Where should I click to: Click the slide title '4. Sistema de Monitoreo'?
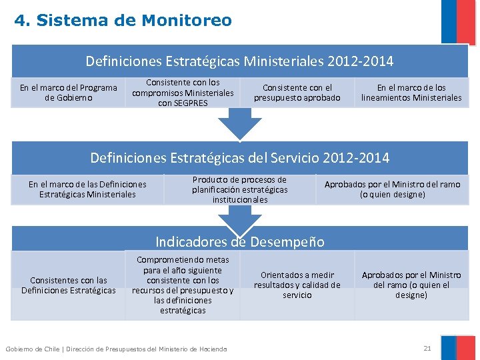pyautogui.click(x=123, y=21)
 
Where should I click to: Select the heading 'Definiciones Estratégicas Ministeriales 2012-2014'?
pyautogui.click(x=239, y=61)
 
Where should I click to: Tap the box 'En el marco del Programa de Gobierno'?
pyautogui.click(x=68, y=93)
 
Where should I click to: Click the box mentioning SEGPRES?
pyautogui.click(x=183, y=93)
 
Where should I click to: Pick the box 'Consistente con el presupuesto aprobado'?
pyautogui.click(x=297, y=93)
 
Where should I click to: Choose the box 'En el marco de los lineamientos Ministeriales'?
pyautogui.click(x=411, y=93)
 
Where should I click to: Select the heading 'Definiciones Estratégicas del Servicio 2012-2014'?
pyautogui.click(x=239, y=158)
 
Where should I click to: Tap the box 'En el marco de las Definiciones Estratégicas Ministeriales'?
pyautogui.click(x=87, y=189)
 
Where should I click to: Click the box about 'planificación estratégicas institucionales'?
pyautogui.click(x=239, y=189)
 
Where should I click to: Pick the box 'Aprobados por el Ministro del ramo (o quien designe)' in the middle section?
pyautogui.click(x=392, y=189)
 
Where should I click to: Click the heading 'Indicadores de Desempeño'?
pyautogui.click(x=239, y=241)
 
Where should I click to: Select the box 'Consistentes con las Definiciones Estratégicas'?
pyautogui.click(x=68, y=285)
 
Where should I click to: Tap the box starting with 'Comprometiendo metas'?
pyautogui.click(x=183, y=285)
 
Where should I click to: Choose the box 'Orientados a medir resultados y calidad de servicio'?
pyautogui.click(x=297, y=285)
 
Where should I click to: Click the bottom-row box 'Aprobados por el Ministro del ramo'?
pyautogui.click(x=411, y=285)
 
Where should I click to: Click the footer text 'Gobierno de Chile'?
pyautogui.click(x=31, y=349)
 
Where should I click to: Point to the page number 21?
pyautogui.click(x=427, y=348)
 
